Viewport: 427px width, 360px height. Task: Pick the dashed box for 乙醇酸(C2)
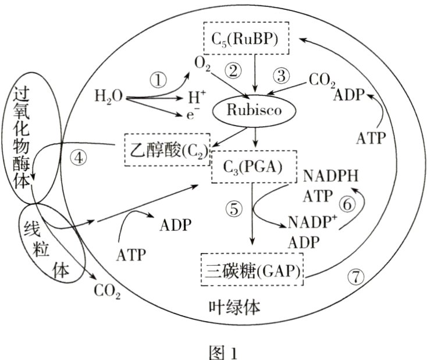click(168, 150)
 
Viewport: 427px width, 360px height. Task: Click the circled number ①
click(158, 80)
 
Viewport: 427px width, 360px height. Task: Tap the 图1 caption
click(215, 351)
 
